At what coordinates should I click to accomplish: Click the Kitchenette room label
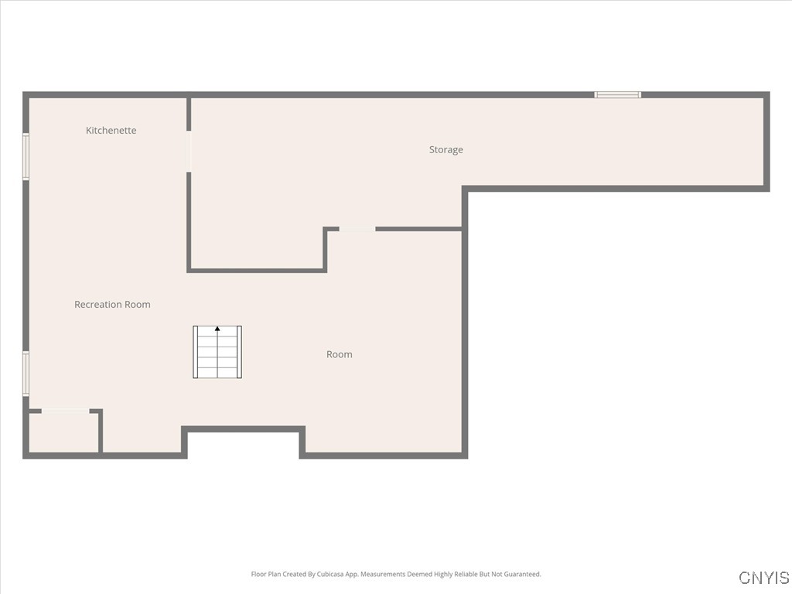tap(111, 131)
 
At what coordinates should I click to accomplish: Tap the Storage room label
tap(446, 150)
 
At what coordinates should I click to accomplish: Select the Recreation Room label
tap(112, 305)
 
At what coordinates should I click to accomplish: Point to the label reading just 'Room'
tap(340, 354)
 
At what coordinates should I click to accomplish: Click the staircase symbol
tap(217, 353)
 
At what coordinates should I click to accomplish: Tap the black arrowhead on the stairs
tap(217, 329)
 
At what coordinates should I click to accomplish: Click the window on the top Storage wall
tap(618, 94)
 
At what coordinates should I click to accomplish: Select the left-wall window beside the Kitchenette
tap(26, 157)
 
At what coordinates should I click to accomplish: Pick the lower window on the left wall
tap(26, 374)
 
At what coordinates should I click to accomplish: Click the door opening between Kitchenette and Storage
tap(189, 152)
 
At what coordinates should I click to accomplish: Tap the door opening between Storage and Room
tap(357, 229)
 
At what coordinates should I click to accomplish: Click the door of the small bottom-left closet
tap(65, 411)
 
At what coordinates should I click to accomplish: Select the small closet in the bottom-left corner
tap(63, 433)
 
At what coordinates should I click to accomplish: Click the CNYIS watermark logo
tap(764, 578)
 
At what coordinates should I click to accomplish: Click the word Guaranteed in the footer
tap(523, 575)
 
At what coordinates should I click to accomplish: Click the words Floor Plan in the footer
tap(266, 575)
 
